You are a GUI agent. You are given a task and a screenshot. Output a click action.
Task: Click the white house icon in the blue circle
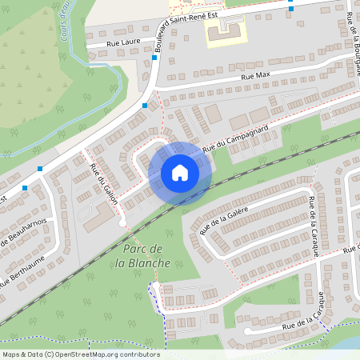point(180,173)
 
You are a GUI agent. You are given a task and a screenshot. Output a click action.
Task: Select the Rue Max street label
point(256,76)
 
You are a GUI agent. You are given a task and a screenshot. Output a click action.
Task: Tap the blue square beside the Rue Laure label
point(154,58)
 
